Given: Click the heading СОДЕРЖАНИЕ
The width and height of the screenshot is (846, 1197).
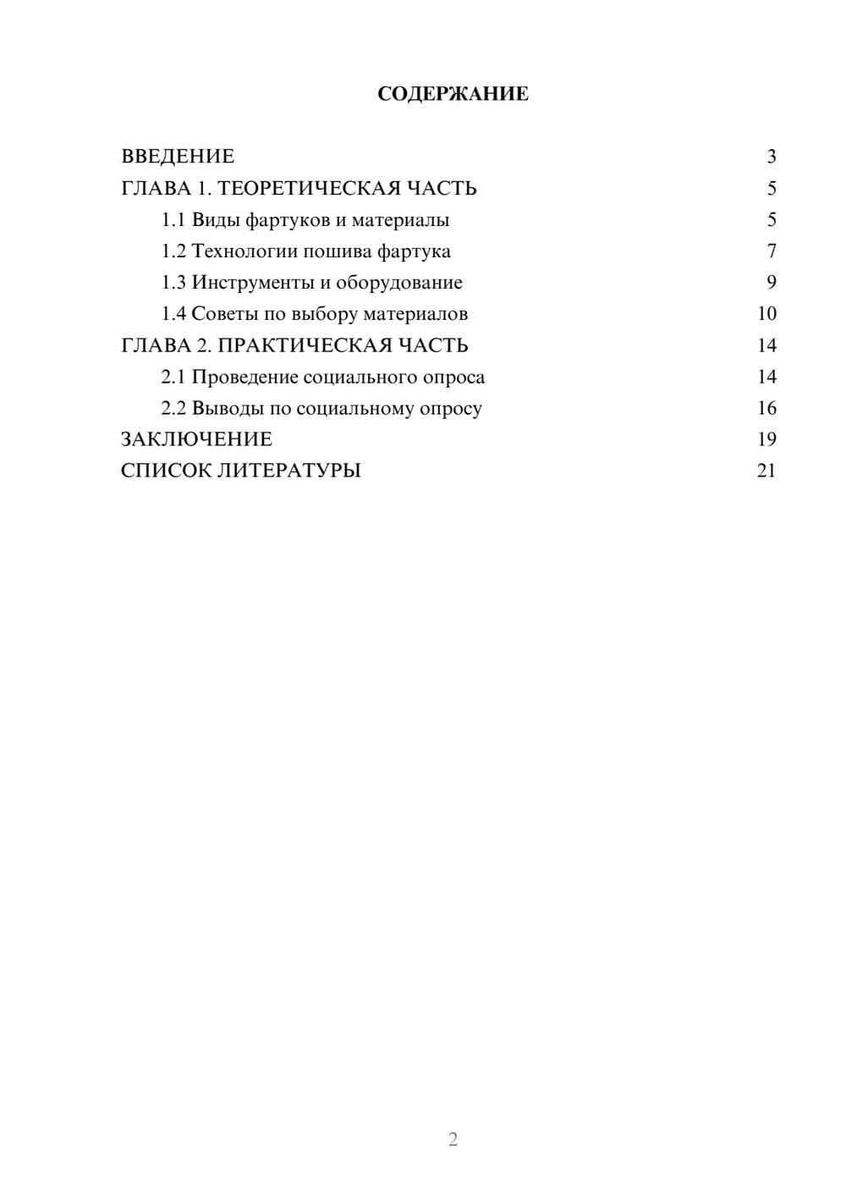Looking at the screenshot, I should (x=453, y=94).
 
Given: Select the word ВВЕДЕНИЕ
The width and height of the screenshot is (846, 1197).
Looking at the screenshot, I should (x=178, y=157).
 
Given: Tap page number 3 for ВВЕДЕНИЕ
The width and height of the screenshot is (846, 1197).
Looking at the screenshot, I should (x=771, y=157).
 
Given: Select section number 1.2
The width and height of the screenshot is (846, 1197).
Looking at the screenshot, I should (x=173, y=251).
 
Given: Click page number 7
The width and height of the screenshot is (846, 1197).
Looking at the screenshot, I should (x=771, y=251).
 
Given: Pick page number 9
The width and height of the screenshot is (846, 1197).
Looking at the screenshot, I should (x=771, y=283).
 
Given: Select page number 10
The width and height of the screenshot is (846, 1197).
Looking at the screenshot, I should (x=766, y=314).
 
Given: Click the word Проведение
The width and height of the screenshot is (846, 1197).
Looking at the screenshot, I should (x=244, y=377).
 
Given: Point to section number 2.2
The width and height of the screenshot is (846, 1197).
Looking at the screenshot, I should (x=173, y=408).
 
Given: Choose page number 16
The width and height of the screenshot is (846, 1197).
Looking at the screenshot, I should (x=766, y=408).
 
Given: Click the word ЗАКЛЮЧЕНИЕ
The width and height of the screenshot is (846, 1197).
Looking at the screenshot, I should (x=196, y=439).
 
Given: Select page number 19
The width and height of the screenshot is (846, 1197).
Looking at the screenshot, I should (x=766, y=439).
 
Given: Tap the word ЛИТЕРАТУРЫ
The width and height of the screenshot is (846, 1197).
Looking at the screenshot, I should (x=289, y=471).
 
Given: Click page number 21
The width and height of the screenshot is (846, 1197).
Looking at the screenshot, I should (x=766, y=471).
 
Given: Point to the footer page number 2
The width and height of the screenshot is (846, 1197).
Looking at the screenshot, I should (x=453, y=1139).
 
